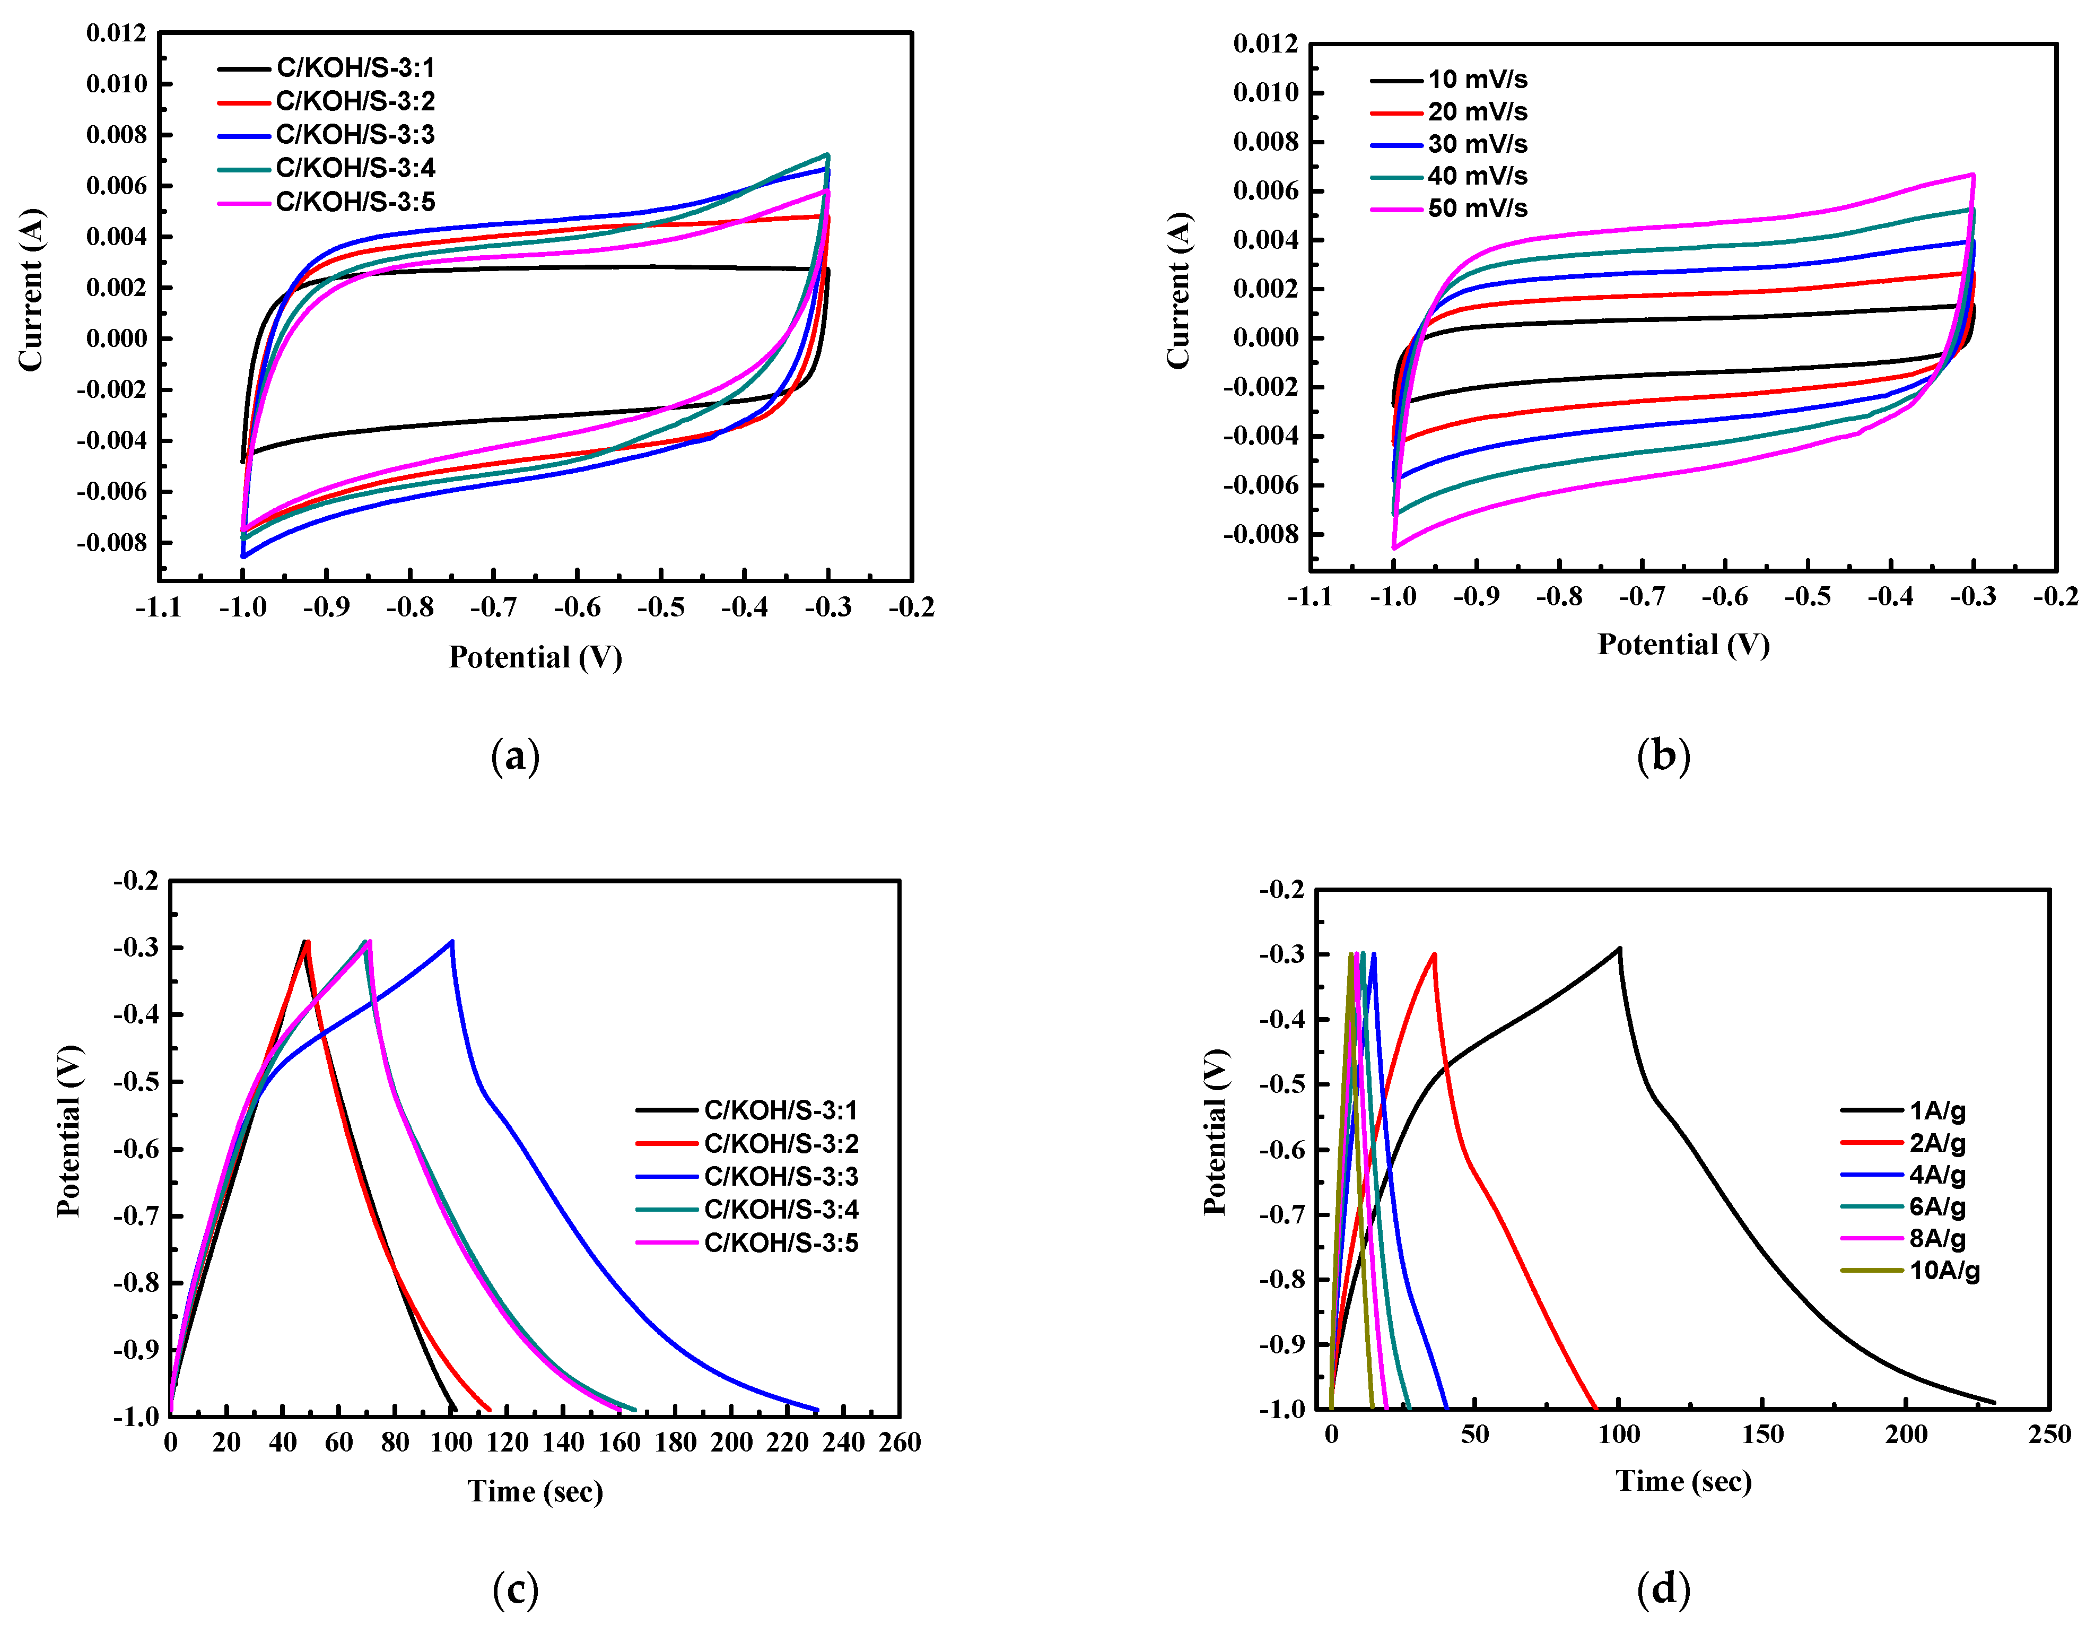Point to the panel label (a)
515,756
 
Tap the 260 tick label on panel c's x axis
899,1442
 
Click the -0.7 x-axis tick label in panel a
493,607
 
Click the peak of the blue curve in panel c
452,941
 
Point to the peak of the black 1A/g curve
1619,949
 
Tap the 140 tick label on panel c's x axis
562,1442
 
